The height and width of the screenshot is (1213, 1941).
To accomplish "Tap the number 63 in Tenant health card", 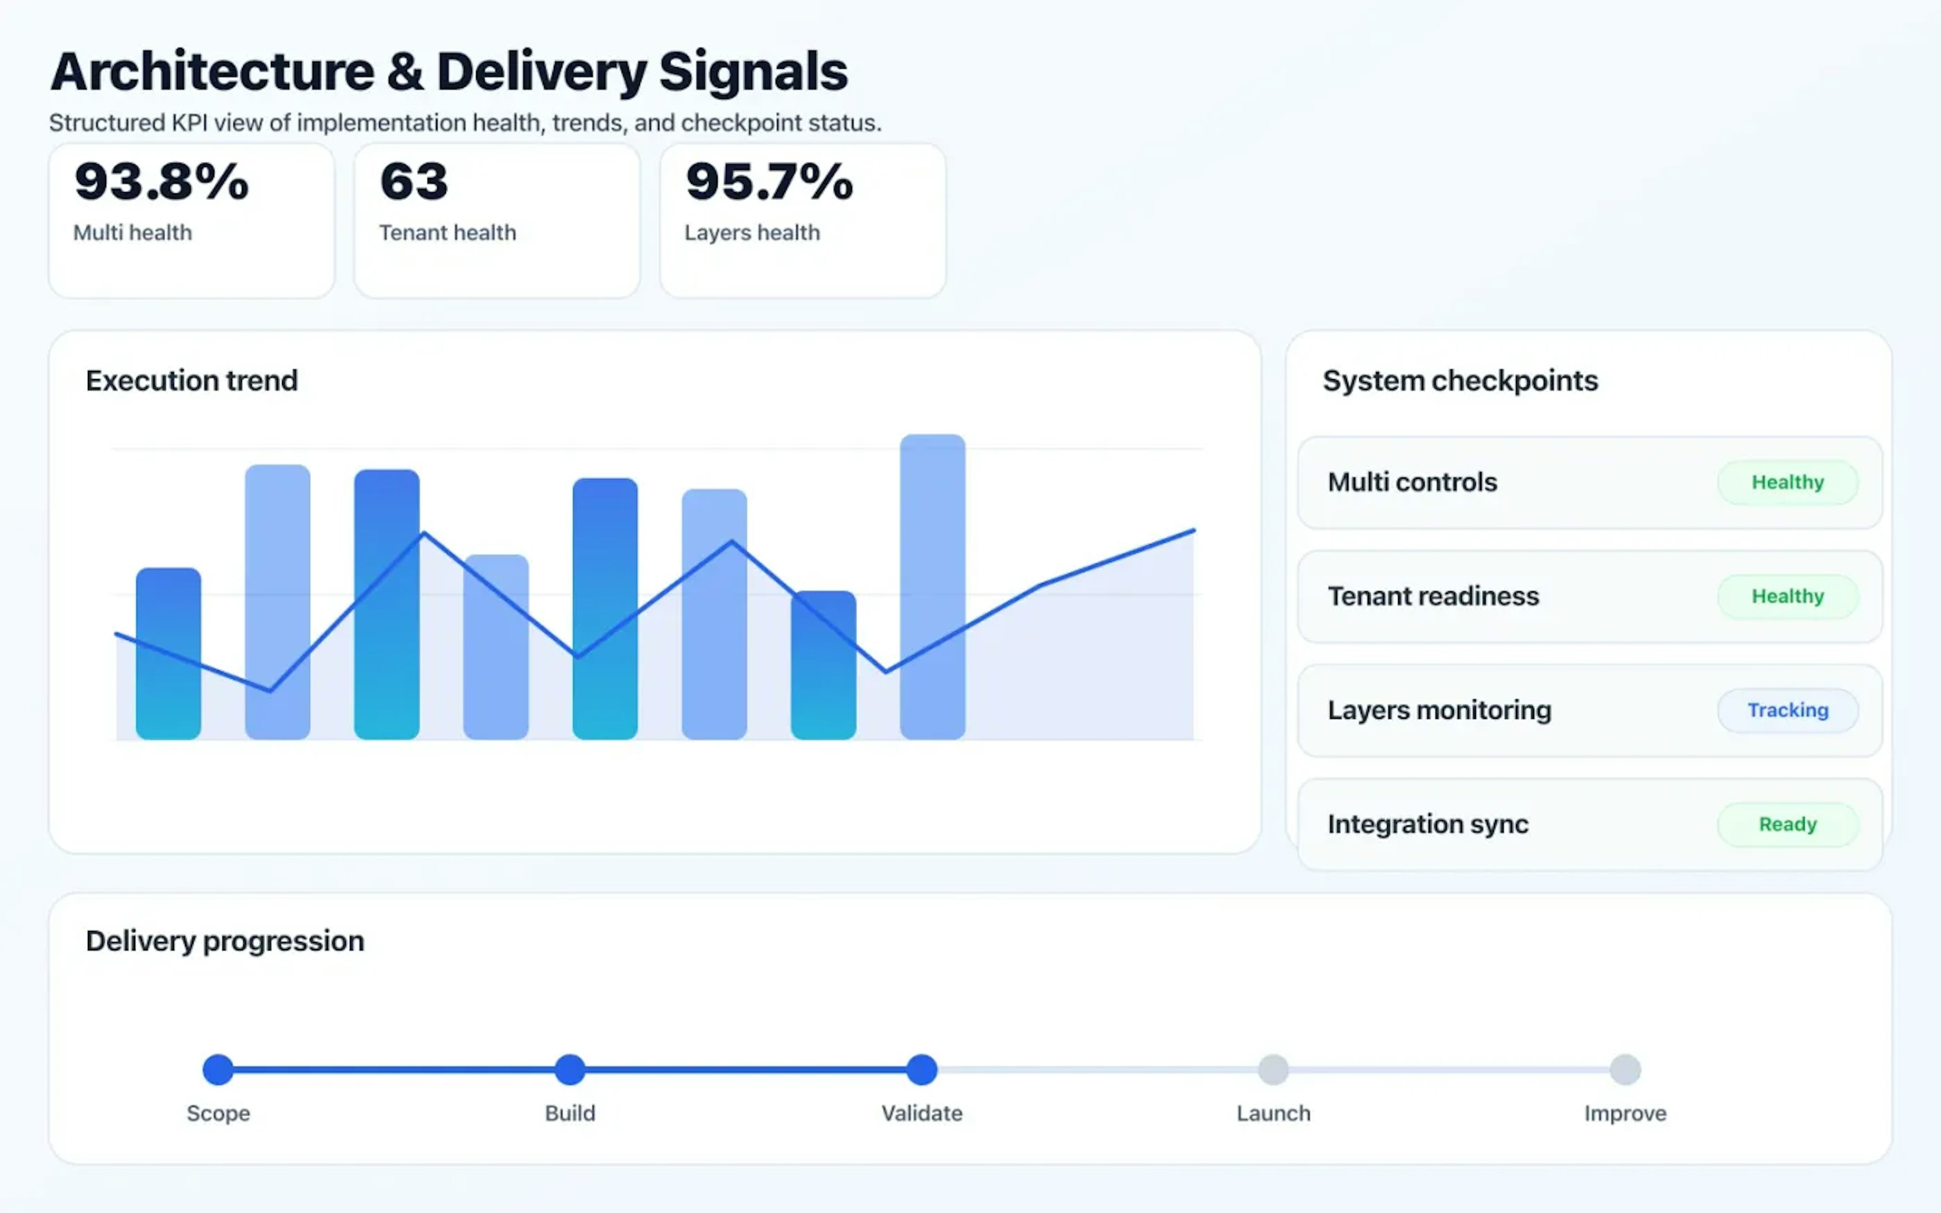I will (414, 181).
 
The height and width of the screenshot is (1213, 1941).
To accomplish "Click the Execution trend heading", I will (192, 380).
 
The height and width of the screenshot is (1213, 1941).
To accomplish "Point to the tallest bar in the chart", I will (932, 586).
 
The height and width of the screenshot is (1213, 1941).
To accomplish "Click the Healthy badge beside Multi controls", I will (1787, 482).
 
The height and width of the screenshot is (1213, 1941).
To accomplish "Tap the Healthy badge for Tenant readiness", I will (1787, 596).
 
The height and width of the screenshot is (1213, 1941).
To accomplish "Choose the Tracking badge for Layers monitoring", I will (1787, 710).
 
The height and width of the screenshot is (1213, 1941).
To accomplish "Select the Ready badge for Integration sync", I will (1787, 824).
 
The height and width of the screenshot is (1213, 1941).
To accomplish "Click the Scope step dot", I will (218, 1069).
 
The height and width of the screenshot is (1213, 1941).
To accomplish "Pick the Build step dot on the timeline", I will (570, 1069).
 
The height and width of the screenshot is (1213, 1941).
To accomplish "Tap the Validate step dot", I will (921, 1069).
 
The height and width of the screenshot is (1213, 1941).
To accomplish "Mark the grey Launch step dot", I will (1273, 1069).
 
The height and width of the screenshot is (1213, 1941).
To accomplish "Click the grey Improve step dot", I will (1625, 1069).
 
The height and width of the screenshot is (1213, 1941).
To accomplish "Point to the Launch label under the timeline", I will (1273, 1113).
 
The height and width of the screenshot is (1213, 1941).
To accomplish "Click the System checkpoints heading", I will (1460, 380).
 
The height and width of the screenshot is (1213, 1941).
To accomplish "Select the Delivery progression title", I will (224, 940).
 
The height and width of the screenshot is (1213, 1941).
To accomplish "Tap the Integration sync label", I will (1427, 824).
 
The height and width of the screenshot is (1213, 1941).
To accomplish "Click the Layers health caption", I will (752, 232).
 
